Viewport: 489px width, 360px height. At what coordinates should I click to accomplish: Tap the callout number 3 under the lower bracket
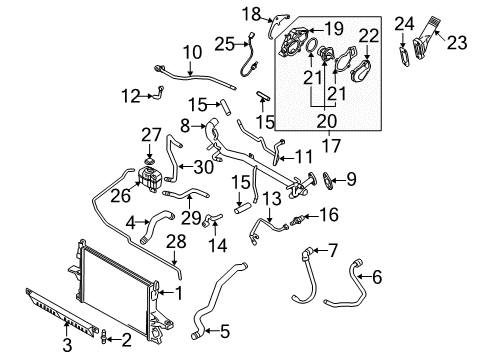[x=125, y=341]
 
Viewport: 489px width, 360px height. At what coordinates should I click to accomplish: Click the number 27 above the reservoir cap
[x=150, y=136]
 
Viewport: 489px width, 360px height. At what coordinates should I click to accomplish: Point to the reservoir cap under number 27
[x=150, y=160]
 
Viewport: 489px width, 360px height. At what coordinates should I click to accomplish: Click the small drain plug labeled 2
[x=103, y=341]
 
